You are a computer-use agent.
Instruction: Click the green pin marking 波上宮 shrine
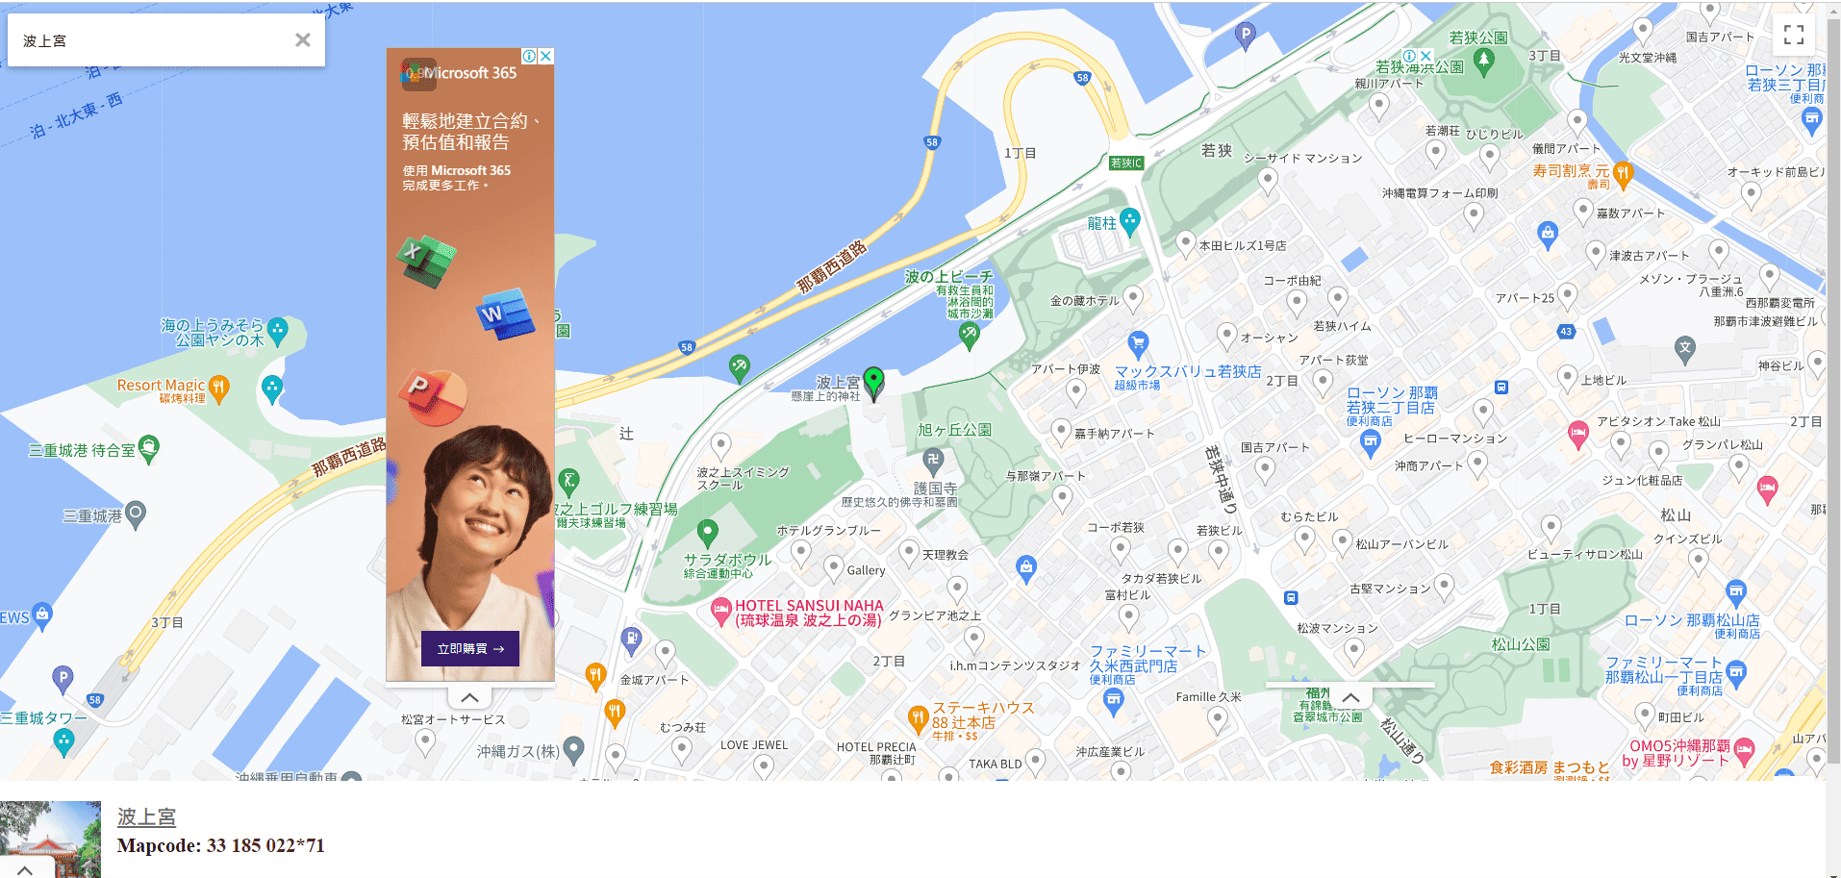[x=873, y=382]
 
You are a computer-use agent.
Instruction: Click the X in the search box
[x=303, y=39]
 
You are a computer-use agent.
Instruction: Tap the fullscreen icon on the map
[x=1793, y=35]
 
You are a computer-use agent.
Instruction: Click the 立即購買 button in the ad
[x=470, y=648]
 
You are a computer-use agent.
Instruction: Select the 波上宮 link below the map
[x=146, y=816]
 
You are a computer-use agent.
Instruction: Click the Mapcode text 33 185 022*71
[x=220, y=845]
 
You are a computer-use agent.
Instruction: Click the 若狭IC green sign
[x=1125, y=163]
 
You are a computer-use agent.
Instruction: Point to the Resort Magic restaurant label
[x=161, y=386]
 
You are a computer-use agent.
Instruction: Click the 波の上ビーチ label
[x=948, y=277]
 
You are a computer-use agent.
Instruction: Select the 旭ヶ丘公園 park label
[x=954, y=430]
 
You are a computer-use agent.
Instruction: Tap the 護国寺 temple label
[x=935, y=489]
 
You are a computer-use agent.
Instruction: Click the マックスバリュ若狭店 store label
[x=1187, y=372]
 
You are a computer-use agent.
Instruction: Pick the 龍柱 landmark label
[x=1102, y=223]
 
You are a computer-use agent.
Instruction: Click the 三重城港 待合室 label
[x=82, y=450]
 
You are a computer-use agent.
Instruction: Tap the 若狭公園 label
[x=1477, y=38]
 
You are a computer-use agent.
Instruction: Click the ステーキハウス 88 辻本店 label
[x=981, y=715]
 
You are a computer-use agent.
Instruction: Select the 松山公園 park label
[x=1520, y=644]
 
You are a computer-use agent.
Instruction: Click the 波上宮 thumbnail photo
[x=50, y=839]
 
